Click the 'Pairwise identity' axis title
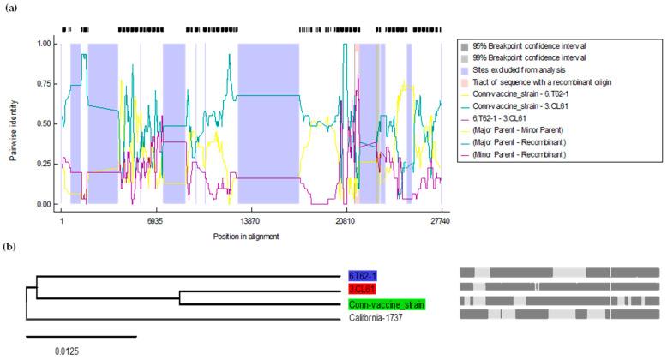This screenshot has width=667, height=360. [13, 123]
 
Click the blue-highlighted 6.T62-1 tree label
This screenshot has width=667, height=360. [362, 276]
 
